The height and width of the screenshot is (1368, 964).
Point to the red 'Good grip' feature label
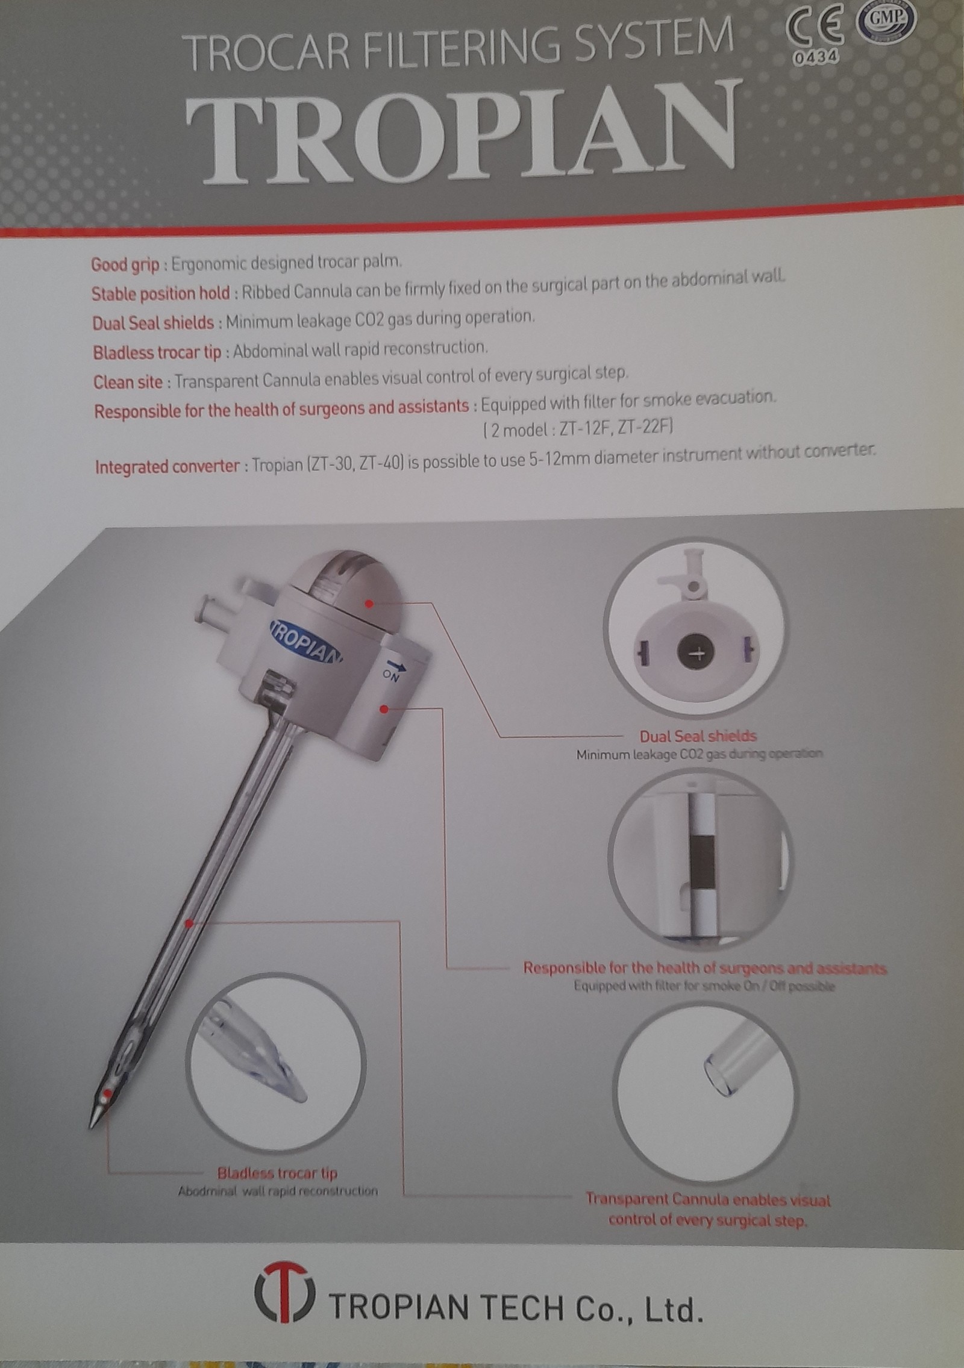tap(125, 264)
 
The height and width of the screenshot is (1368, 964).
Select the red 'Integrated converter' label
tap(167, 467)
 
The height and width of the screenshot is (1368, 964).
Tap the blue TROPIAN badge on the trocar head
tap(305, 642)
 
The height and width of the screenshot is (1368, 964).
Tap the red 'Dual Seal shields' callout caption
tap(698, 736)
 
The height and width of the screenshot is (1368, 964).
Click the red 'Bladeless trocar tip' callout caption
tap(277, 1173)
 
